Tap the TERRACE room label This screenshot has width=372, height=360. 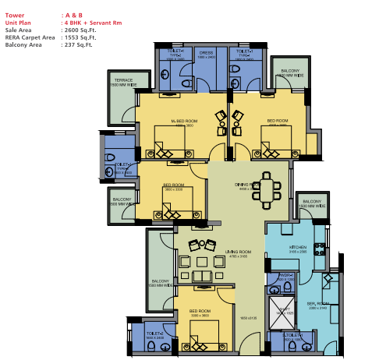coord(123,80)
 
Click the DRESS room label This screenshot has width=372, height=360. coord(206,53)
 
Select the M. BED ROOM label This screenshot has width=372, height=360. coord(183,122)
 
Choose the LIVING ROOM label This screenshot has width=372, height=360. coord(238,252)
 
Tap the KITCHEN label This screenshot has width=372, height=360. coord(298,247)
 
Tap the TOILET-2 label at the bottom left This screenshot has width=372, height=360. coord(154,336)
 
